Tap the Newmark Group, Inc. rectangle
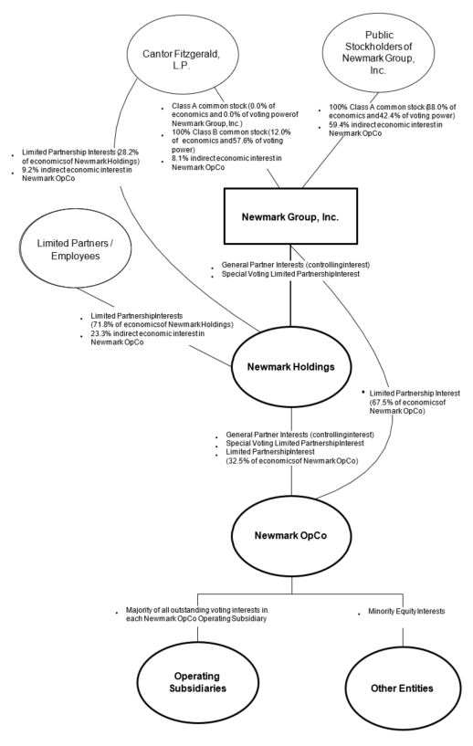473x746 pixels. [290, 219]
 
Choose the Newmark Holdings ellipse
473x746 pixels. [291, 366]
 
